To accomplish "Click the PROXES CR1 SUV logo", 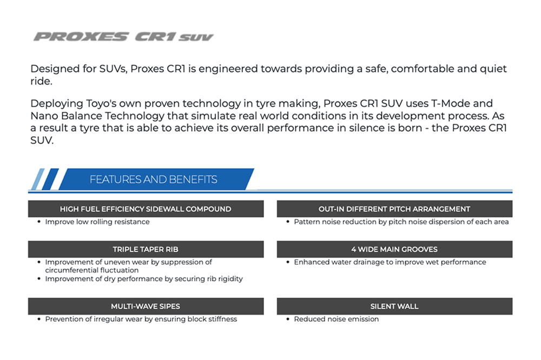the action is [x=123, y=37].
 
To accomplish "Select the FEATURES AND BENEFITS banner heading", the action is [x=154, y=179].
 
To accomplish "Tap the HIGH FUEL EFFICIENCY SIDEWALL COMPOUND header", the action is [x=146, y=209].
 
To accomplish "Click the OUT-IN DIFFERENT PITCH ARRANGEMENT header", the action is [x=394, y=209].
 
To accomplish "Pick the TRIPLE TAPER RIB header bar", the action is [x=146, y=249].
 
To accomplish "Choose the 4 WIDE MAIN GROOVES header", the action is [x=394, y=249].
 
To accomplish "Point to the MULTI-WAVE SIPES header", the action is [x=146, y=306].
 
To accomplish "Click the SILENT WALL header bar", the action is [x=394, y=306].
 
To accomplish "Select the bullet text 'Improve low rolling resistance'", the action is [x=97, y=222].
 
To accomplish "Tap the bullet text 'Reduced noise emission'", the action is [x=337, y=319].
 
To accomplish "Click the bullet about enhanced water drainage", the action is [x=390, y=262].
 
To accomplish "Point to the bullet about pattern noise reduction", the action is [x=401, y=222].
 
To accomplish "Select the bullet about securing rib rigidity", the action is [x=144, y=278].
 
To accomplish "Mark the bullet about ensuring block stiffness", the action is [x=141, y=319].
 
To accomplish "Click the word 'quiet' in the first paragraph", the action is [x=493, y=69].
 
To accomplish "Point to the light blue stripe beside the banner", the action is [x=38, y=179].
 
